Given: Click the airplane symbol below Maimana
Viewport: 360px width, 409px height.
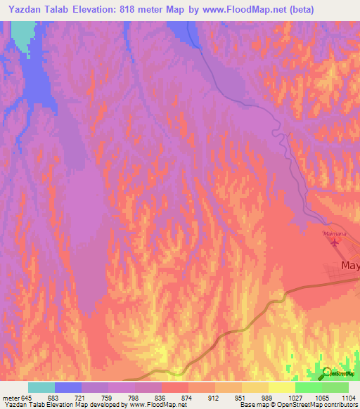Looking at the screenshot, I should click(x=334, y=243).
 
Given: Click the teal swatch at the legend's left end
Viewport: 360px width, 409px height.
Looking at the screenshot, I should click(x=41, y=387).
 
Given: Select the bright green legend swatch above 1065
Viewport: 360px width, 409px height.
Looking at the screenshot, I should click(x=308, y=387).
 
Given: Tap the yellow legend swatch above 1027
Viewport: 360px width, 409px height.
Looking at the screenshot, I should click(x=281, y=387).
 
